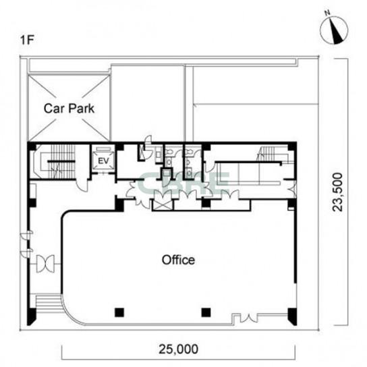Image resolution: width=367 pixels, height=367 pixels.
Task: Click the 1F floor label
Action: (28, 40)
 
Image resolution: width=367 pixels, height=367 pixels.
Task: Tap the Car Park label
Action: (69, 109)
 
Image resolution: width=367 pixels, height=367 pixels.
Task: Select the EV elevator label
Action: (103, 161)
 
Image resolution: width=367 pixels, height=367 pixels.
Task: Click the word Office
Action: (178, 260)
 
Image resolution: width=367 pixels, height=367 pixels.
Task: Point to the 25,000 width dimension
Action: (178, 349)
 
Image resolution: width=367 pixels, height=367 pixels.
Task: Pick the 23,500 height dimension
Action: (338, 192)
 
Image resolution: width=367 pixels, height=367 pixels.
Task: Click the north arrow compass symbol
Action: (334, 30)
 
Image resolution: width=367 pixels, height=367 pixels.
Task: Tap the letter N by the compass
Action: (327, 13)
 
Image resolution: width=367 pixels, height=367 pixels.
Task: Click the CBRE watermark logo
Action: (183, 183)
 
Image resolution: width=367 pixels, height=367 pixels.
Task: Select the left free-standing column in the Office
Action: (119, 312)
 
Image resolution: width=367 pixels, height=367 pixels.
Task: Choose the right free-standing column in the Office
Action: (206, 312)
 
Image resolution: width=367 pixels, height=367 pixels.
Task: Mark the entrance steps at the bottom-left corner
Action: (48, 304)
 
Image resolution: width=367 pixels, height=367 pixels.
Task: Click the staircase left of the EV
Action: (55, 162)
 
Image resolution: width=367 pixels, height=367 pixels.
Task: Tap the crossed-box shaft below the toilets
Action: (162, 205)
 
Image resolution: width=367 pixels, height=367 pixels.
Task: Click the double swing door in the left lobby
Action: (46, 264)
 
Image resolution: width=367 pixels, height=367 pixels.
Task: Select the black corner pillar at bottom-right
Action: (292, 316)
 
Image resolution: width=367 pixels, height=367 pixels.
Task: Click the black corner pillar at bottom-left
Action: (32, 316)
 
